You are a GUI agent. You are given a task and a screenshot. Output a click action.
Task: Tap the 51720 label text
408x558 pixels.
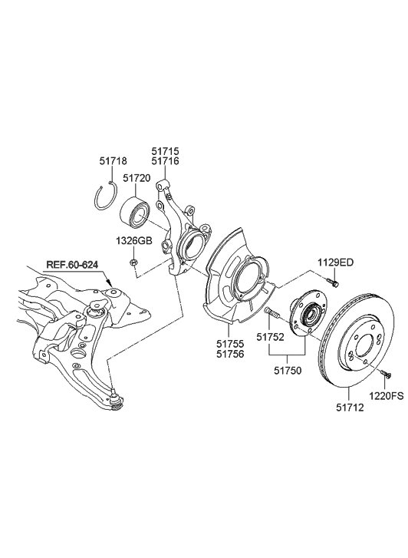[x=137, y=178]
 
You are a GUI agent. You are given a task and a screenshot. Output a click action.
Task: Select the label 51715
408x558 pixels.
[x=165, y=152]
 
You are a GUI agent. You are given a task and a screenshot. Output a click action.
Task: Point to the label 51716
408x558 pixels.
[x=165, y=162]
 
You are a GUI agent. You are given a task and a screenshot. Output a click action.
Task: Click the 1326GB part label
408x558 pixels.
[x=134, y=240]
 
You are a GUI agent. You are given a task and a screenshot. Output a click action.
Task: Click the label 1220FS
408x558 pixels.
[x=387, y=397]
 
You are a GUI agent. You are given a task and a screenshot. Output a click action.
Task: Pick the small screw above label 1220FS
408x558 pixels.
[x=384, y=374]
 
